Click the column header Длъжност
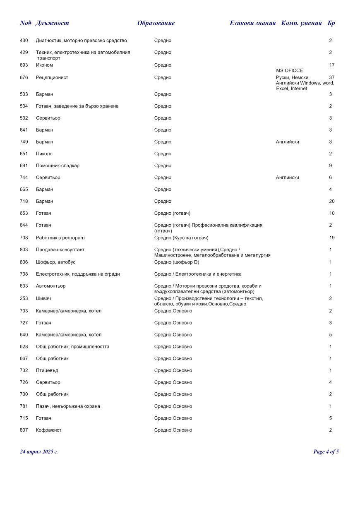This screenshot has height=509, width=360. tap(52, 23)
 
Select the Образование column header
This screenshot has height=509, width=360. tap(156, 23)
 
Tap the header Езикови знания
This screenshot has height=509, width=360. tap(252, 23)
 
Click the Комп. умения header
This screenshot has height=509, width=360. tap(301, 23)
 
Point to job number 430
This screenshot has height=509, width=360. tap(24, 41)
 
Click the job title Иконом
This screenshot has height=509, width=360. tap(44, 65)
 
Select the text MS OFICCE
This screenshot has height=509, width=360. tap(289, 70)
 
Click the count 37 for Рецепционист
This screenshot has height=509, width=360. tap(331, 77)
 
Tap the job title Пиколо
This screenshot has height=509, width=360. tap(44, 154)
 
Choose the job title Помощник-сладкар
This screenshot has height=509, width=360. tap(58, 166)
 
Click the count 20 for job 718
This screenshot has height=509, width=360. tap(331, 201)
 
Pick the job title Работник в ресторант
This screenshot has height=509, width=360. tap(60, 238)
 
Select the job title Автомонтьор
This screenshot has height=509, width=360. tap(50, 286)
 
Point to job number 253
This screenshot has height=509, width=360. tap(24, 298)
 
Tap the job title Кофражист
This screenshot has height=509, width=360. tap(48, 430)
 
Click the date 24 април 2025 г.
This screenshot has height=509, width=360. tap(39, 451)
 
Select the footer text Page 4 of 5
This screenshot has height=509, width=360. tap(326, 451)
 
